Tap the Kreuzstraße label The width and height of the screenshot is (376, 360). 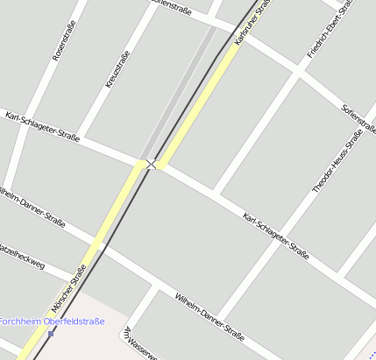pyautogui.click(x=117, y=68)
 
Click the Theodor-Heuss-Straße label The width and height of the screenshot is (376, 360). pyautogui.click(x=338, y=162)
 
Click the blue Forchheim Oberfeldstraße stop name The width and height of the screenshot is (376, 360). pyautogui.click(x=52, y=321)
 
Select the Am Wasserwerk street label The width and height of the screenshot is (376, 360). pyautogui.click(x=140, y=344)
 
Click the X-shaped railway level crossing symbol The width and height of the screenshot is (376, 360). pyautogui.click(x=152, y=164)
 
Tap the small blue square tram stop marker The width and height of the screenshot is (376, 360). pyautogui.click(x=51, y=333)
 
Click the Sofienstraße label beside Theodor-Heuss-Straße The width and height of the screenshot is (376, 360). pyautogui.click(x=358, y=118)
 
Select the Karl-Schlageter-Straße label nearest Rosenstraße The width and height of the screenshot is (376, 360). pyautogui.click(x=42, y=126)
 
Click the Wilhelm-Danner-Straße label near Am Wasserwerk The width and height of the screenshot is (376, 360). pyautogui.click(x=209, y=316)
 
